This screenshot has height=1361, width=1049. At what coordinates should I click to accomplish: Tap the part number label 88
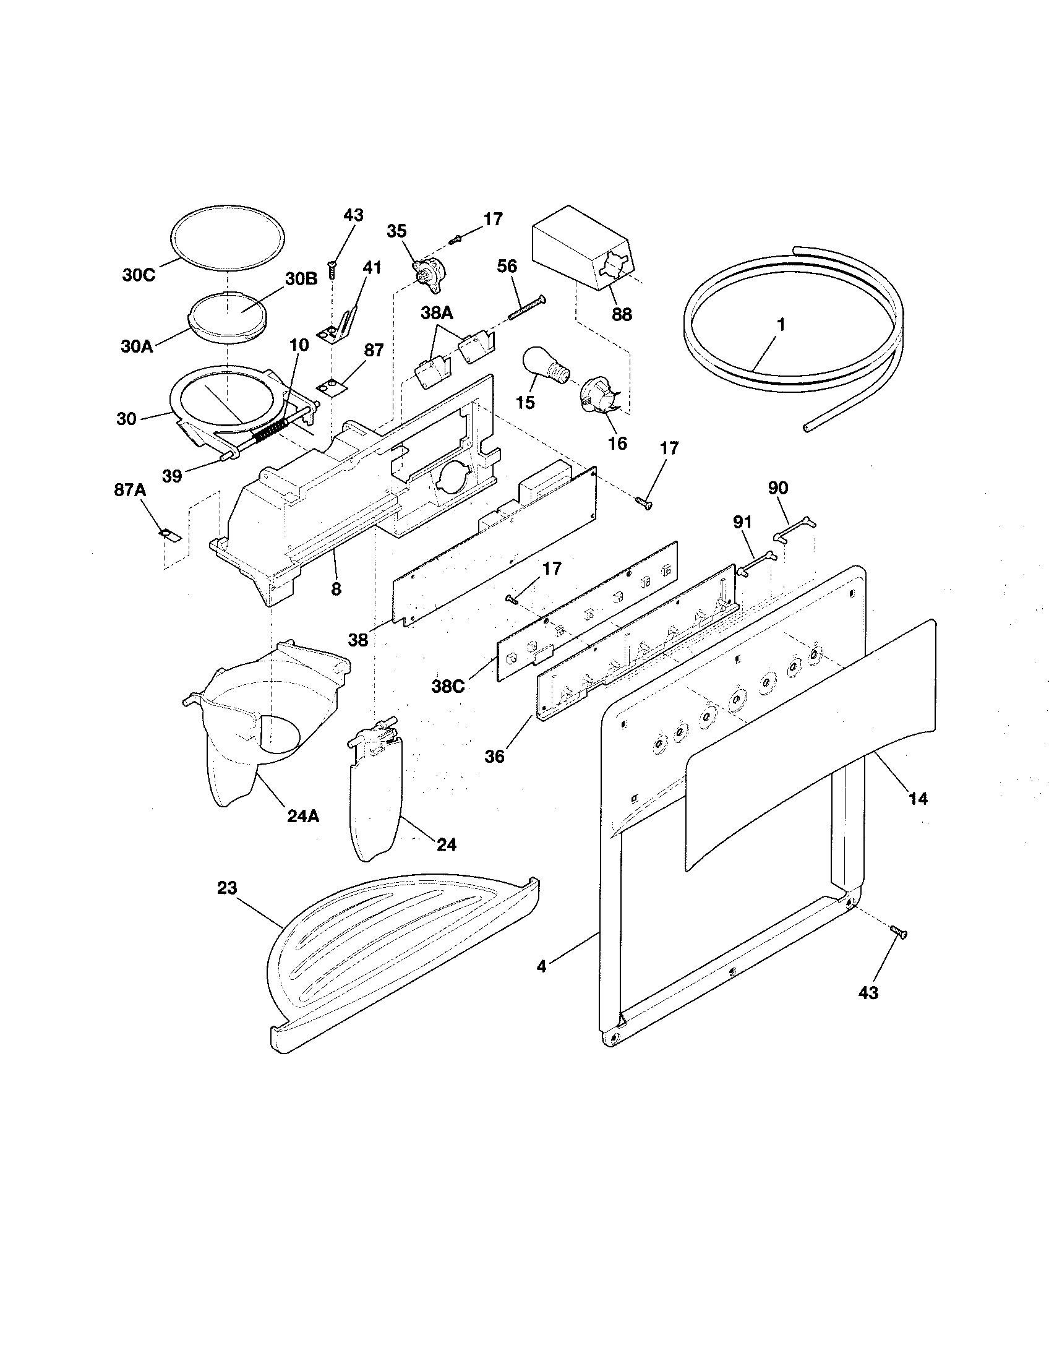click(x=621, y=314)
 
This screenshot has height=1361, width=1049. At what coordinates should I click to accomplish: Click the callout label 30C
click(x=139, y=275)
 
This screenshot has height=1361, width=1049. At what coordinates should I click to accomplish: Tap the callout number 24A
click(x=302, y=815)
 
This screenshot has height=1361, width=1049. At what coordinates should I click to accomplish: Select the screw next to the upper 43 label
click(x=332, y=270)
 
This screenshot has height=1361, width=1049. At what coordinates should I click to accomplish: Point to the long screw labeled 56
click(x=526, y=307)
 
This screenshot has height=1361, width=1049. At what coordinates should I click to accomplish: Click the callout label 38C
click(x=448, y=686)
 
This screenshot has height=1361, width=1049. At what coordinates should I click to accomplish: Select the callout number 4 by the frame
click(x=541, y=967)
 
